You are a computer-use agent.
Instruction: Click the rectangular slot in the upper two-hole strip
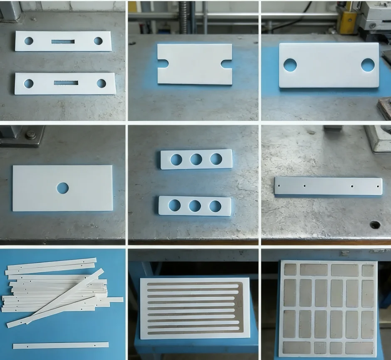point(63,42)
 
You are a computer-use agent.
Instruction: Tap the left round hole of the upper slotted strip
point(29,41)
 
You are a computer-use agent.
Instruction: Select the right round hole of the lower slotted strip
point(101,83)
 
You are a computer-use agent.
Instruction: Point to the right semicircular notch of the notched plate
point(227,64)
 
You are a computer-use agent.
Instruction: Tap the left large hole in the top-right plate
point(290,65)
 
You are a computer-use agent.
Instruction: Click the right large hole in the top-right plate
point(368,64)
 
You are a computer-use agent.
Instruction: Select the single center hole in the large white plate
point(63,188)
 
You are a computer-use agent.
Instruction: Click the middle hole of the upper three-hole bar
point(196,159)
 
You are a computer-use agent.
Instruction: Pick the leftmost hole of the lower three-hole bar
point(174,205)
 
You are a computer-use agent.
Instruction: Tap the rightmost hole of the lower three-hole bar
point(215,206)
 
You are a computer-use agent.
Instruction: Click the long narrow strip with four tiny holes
point(328,186)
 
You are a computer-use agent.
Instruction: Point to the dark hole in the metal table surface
point(375,225)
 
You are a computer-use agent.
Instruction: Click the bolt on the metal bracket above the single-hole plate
point(30,135)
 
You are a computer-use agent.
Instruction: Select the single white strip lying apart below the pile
point(61,345)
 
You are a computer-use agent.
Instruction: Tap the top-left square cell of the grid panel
point(290,270)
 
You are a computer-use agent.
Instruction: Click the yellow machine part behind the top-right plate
point(346,21)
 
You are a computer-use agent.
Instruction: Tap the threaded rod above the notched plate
point(183,17)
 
